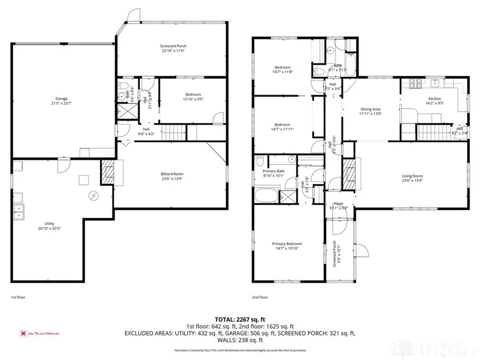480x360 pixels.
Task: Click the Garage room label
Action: [x=61, y=99]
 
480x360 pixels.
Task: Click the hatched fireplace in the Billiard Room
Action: [x=107, y=173]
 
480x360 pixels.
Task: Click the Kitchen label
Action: [x=435, y=99]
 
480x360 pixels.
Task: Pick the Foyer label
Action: [x=338, y=203]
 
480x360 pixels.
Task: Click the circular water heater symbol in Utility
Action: [x=93, y=196]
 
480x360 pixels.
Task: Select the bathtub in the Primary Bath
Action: [x=267, y=195]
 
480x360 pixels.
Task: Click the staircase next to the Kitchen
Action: [x=433, y=131]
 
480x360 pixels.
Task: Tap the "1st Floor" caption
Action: [x=19, y=297]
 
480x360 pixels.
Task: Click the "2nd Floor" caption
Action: [x=260, y=297]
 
